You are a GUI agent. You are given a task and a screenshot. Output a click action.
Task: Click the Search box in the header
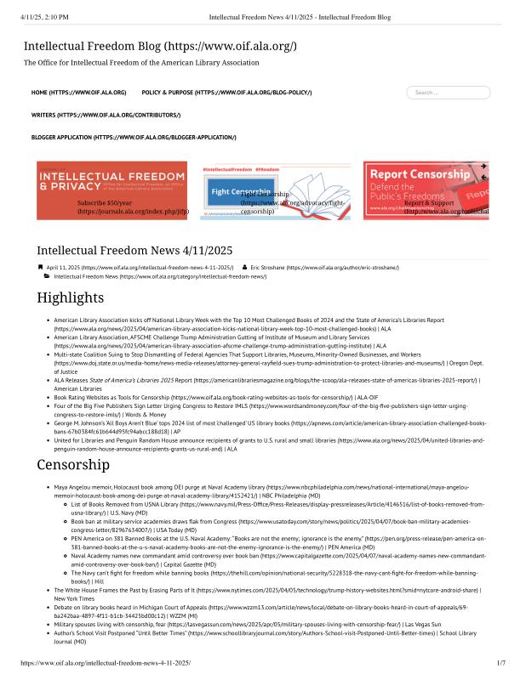coord(448,92)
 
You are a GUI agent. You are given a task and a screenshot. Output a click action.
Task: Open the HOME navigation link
coord(78,92)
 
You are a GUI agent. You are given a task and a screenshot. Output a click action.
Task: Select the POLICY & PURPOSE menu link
coord(226,92)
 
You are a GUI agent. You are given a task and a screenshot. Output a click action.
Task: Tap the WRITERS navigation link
coord(106,115)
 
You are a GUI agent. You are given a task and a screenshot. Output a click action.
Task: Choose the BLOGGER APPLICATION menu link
coord(134,137)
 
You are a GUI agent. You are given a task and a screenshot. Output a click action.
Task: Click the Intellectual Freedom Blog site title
coord(160,46)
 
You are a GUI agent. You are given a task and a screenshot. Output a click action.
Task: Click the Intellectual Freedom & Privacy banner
coord(113,191)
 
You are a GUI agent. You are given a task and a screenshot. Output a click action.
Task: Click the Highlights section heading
coord(72,297)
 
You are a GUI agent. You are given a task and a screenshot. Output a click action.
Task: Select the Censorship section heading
coord(72,465)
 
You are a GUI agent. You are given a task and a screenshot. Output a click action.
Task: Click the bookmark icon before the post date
coord(39,268)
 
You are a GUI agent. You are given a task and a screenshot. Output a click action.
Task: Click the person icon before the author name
coord(244,268)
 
